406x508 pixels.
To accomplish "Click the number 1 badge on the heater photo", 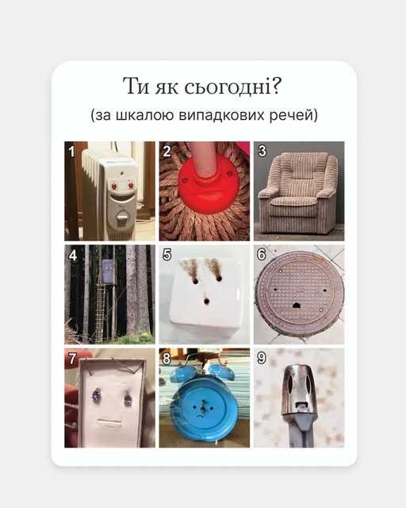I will tap(72, 149).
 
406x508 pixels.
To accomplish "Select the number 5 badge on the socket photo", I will tap(167, 255).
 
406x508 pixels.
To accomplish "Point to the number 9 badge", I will tap(261, 357).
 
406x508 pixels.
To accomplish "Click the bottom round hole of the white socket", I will tap(206, 302).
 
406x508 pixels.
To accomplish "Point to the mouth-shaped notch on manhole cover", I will tap(298, 303).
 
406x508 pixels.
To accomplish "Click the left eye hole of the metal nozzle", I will tap(289, 387).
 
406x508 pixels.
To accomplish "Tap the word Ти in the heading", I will tap(136, 87).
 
